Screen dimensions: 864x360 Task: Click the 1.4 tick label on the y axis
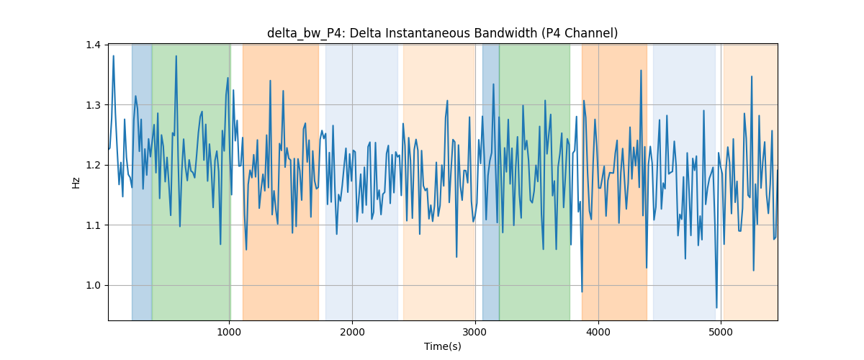click(x=93, y=45)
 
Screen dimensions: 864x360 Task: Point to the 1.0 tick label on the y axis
click(x=93, y=286)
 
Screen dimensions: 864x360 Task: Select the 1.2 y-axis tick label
click(x=93, y=165)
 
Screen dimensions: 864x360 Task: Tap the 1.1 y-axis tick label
click(x=93, y=225)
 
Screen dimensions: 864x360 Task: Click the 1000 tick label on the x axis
click(x=229, y=332)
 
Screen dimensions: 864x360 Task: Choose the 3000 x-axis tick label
click(x=475, y=332)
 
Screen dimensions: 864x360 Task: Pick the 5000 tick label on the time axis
click(x=721, y=332)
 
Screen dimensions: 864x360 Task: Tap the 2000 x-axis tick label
click(x=352, y=332)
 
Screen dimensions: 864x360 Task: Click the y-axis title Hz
click(x=76, y=183)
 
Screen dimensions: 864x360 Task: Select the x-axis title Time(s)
click(x=443, y=346)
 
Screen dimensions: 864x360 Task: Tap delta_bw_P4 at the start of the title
click(x=307, y=33)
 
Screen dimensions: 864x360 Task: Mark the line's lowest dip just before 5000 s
click(x=716, y=307)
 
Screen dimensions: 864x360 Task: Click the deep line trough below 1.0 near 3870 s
click(x=582, y=292)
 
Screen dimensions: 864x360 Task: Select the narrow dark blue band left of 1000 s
click(x=142, y=182)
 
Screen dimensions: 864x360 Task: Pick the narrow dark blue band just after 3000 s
click(x=490, y=182)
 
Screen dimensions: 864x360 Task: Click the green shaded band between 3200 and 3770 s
click(x=534, y=182)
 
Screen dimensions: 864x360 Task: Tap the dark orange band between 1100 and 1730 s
click(x=281, y=182)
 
